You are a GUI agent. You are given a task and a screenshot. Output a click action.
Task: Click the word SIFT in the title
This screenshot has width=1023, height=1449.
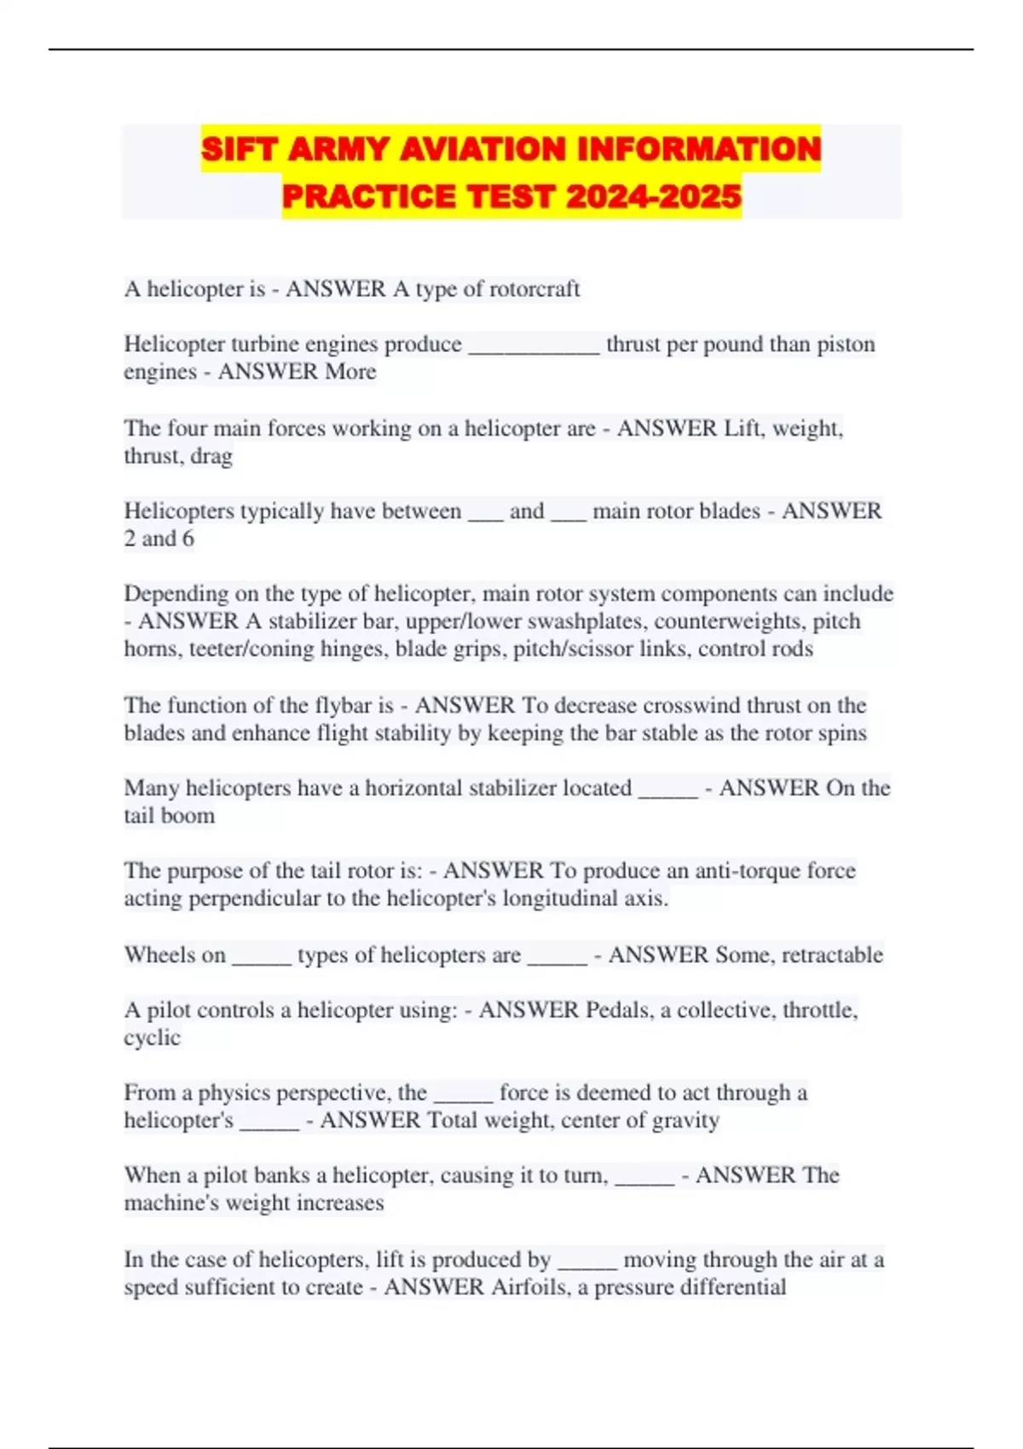tap(238, 150)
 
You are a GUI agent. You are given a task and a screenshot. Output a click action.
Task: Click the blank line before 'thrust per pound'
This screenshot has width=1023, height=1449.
tap(535, 345)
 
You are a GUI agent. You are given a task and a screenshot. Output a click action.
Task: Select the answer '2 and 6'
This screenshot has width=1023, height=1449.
tap(159, 539)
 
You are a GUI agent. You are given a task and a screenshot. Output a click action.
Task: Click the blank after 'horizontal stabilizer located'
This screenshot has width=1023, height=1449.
tap(668, 789)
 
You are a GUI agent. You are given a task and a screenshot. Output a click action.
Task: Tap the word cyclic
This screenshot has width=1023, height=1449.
tap(153, 1038)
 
